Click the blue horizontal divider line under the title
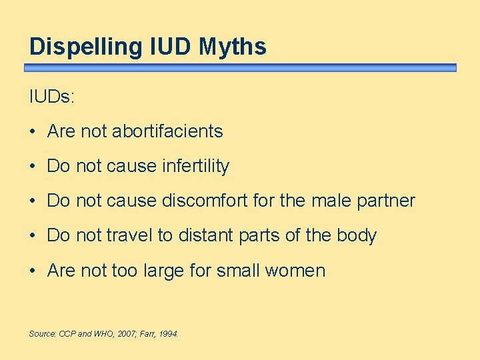coord(240,67)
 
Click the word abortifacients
coord(167,131)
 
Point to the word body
coord(357,236)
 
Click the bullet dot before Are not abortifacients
coord(33,132)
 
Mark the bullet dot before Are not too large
coord(33,271)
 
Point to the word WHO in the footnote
coord(104,333)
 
